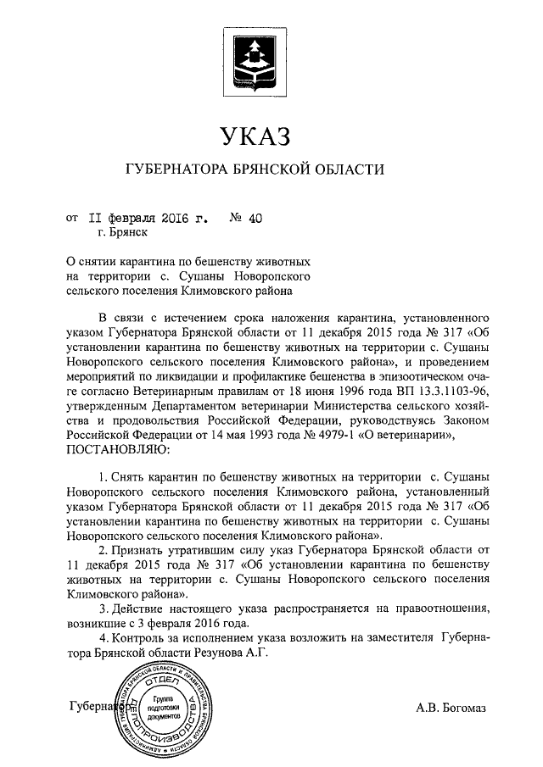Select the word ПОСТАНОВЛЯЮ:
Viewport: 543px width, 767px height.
[x=112, y=450]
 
